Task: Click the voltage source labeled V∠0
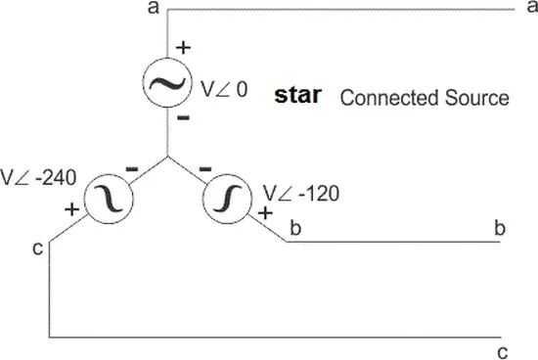(167, 83)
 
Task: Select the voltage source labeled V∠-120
(227, 199)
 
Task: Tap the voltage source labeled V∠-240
(109, 199)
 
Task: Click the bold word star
(297, 95)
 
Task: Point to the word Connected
(389, 98)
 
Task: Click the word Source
(477, 98)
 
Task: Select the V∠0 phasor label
(224, 90)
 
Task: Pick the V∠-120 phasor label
(301, 194)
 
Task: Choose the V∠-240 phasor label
(38, 178)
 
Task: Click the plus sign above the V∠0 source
(183, 47)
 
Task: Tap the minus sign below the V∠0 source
(184, 118)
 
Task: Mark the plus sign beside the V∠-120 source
(265, 213)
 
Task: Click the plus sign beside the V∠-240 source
(72, 209)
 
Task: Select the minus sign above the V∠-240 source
(132, 169)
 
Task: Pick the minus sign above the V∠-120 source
(205, 169)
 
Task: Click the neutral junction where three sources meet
(167, 157)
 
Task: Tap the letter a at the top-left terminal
(154, 8)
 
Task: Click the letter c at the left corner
(38, 248)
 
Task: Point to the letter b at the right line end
(500, 228)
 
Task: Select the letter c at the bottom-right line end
(503, 352)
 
